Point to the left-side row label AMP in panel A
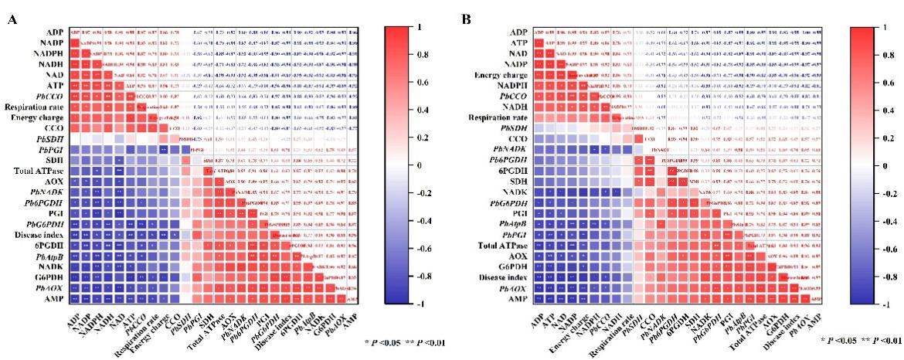point(54,298)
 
